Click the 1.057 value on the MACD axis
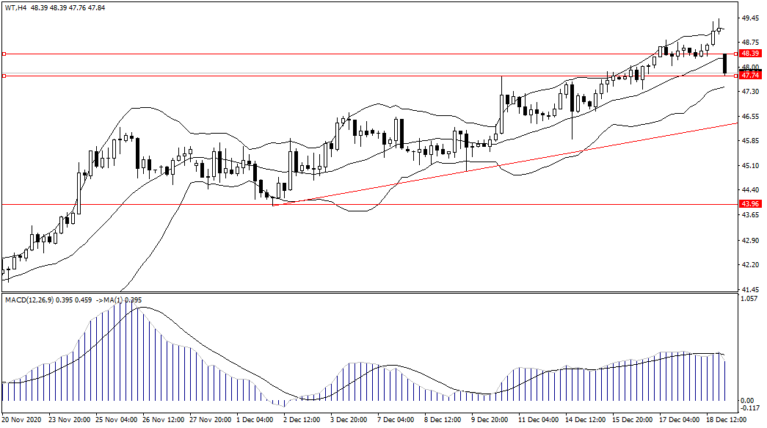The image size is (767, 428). (x=749, y=299)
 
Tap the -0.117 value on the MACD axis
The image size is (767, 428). (x=749, y=410)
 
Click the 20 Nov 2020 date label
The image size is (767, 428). (x=23, y=420)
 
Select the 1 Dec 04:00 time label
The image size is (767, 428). (x=255, y=420)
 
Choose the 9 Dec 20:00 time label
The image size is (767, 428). (x=490, y=420)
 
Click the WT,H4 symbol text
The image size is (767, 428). (x=15, y=7)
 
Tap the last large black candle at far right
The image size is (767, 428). (x=725, y=64)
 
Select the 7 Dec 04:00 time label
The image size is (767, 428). (x=396, y=420)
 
